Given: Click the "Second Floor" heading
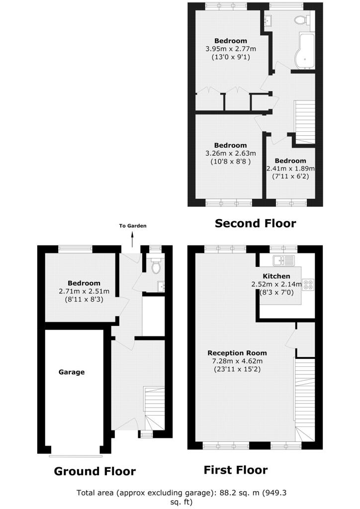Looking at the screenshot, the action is tap(255, 223).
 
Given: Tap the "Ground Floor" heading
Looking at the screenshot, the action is tap(95, 471).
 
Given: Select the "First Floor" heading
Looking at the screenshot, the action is tap(236, 470).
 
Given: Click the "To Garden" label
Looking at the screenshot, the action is tap(132, 226).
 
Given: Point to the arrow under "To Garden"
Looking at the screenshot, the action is tap(132, 240).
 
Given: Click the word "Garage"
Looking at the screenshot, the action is tap(72, 372).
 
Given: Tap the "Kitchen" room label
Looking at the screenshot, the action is tap(276, 276).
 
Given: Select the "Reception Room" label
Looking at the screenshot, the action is tap(237, 353).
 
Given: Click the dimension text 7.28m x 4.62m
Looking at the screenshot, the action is tap(237, 361).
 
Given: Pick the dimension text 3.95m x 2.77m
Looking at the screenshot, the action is tap(231, 49).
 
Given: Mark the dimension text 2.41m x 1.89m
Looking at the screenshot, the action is tap(290, 169).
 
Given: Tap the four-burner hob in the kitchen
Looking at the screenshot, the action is tap(308, 284).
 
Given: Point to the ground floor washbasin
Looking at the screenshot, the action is tap(161, 287).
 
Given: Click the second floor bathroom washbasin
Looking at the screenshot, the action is tap(268, 21).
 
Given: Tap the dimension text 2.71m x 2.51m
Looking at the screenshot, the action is tap(84, 291).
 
